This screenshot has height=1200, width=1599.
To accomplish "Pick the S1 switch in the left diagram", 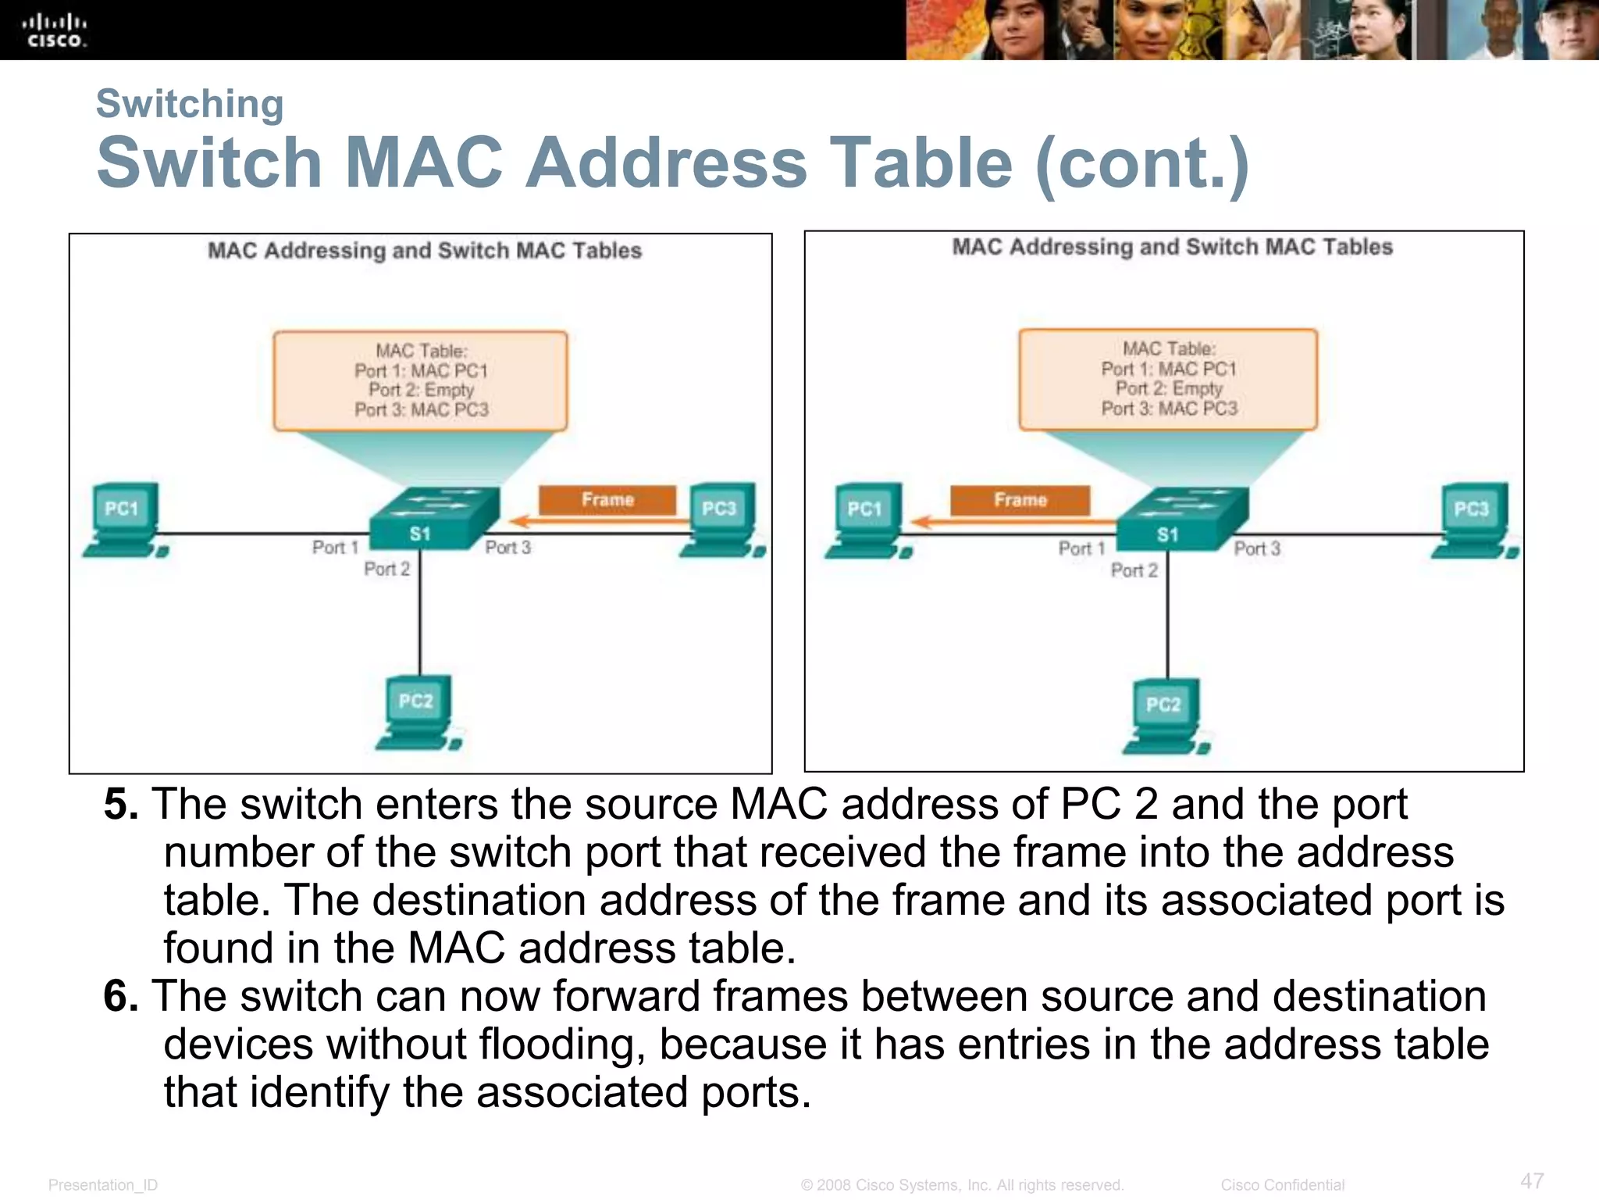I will [434, 519].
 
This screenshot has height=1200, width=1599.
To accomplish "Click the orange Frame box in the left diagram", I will [607, 500].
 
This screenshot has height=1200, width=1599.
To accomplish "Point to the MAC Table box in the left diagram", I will [420, 380].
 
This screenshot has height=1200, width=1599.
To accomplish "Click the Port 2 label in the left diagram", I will [386, 569].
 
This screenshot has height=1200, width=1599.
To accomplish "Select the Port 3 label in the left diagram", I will [507, 548].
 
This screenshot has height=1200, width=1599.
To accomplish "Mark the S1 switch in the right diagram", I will [1182, 520].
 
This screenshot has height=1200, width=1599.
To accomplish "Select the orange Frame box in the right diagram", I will [1020, 500].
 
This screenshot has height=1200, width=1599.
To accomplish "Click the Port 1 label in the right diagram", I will [1081, 548].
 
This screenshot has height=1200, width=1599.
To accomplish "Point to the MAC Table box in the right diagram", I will [1168, 379].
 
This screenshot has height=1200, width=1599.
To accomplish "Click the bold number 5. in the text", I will [121, 805].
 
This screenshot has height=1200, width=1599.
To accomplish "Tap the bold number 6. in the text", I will [121, 997].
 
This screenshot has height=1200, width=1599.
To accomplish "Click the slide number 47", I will [1532, 1180].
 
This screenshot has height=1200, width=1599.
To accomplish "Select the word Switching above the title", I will [190, 104].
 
